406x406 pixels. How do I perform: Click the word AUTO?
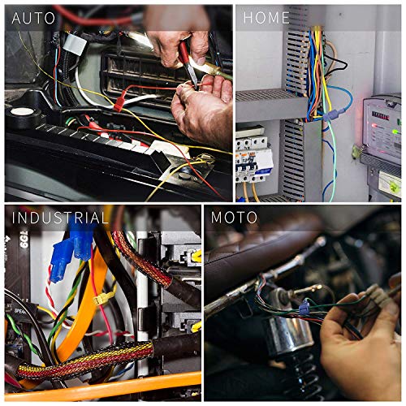tap(34, 17)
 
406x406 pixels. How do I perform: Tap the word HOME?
tap(267, 17)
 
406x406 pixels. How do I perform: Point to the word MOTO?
tap(235, 218)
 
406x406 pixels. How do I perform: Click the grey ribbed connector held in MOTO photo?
tap(376, 292)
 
